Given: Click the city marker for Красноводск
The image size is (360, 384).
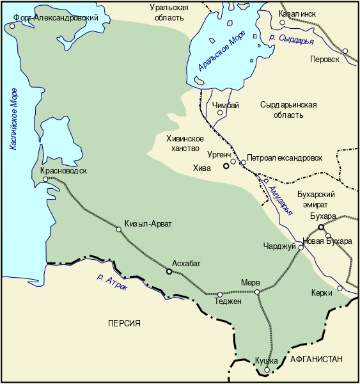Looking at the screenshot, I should coord(45,179).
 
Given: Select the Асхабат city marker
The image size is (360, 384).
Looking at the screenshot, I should coord(169,271).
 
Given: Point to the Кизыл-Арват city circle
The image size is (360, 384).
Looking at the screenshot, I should coord(118,230).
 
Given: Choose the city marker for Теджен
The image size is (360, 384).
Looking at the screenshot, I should coord(219,295).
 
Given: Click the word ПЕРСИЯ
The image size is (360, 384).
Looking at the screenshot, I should coord(124,323).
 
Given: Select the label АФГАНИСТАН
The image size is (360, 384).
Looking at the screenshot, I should coord(316,359).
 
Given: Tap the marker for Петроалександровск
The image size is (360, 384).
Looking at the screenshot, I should coord(243,163).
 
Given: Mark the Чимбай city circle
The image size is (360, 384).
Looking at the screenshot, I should coord(220,113).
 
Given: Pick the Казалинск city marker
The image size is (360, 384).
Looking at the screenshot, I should coord(282,22).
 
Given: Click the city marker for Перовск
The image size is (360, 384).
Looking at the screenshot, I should coord(345,51).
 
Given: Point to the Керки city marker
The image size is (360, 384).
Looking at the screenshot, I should coord(340,288).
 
